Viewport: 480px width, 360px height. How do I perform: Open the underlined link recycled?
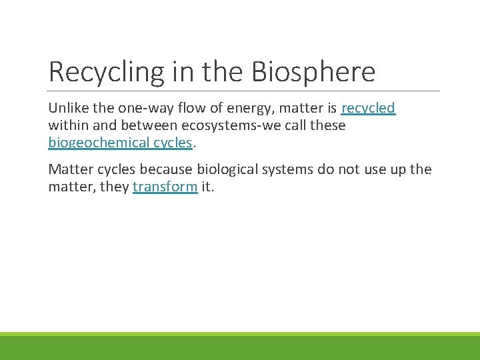[x=368, y=108]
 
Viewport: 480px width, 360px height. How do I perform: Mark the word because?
[x=168, y=169]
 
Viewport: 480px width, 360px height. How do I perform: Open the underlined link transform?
[x=165, y=187]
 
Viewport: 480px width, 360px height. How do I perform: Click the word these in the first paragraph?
[x=325, y=125]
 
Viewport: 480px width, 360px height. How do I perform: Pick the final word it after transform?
[x=207, y=187]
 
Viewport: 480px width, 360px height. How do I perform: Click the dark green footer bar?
[x=240, y=348]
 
